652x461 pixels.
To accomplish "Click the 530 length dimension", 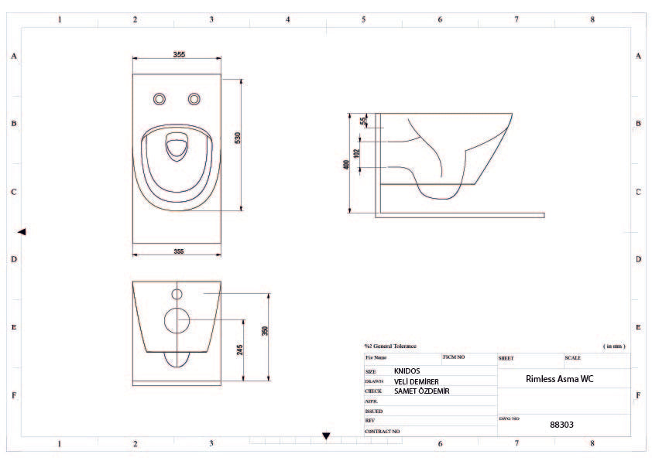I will tap(238, 137).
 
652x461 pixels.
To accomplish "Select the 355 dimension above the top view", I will tap(179, 54).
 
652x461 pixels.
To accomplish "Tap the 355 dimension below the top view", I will tap(179, 251).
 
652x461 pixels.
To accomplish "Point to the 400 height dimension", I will tap(346, 165).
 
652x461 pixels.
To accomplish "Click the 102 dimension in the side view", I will tap(356, 153).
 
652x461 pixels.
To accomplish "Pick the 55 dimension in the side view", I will tap(362, 120).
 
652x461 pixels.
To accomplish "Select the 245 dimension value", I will tap(241, 350).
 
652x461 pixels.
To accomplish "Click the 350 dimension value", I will tap(265, 331).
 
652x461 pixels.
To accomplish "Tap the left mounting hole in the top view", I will tap(160, 98).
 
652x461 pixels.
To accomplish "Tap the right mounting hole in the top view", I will tap(194, 98).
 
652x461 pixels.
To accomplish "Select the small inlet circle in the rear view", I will tap(177, 295).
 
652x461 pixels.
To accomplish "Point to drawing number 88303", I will tap(561, 425).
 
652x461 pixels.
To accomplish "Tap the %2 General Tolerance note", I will tap(390, 346).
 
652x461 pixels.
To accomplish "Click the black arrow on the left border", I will tap(22, 231).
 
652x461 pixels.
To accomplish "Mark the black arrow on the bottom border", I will tap(326, 436).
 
